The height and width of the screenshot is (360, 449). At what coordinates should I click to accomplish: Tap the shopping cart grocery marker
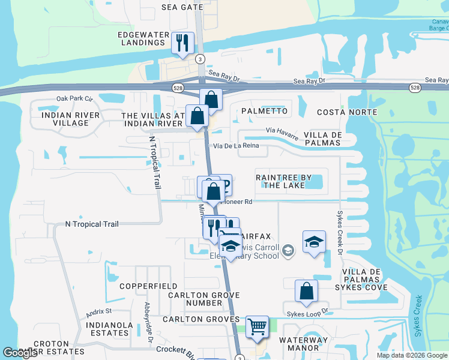[257, 327]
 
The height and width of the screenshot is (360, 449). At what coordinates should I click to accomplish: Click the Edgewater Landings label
[143, 38]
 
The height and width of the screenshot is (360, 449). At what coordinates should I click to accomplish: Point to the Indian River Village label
[62, 118]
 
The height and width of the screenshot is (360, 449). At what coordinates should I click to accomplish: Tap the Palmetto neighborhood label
[264, 112]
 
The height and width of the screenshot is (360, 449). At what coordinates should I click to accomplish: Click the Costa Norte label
[342, 112]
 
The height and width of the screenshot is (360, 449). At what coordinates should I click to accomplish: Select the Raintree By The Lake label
[285, 181]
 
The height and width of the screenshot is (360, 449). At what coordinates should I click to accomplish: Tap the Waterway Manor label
[303, 344]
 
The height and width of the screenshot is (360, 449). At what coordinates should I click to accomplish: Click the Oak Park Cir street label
[74, 98]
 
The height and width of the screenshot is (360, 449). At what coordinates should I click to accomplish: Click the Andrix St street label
[99, 311]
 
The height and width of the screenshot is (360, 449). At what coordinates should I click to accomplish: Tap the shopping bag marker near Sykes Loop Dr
[306, 292]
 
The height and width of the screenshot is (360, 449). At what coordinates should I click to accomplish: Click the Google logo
[20, 353]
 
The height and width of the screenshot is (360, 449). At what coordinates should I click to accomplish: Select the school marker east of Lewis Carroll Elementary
[314, 242]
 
